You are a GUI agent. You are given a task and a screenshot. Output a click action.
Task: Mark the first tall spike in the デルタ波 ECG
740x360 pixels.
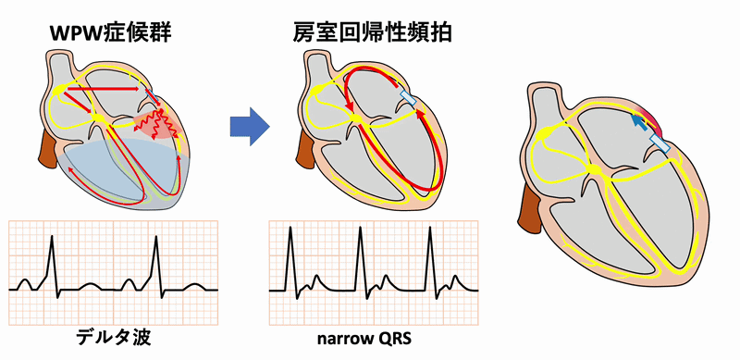52,241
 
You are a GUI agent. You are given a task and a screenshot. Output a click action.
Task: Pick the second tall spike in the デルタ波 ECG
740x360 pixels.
155,241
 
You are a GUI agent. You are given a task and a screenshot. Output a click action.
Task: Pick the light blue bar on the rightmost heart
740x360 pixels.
661,143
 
